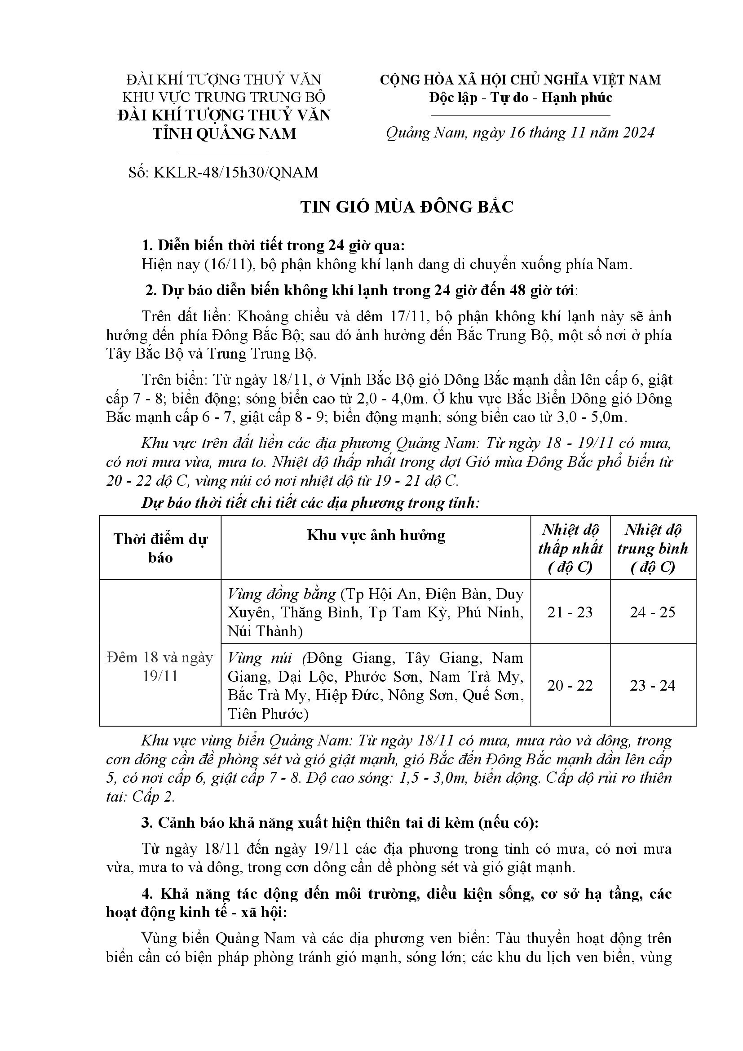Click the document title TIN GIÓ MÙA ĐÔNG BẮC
(407, 207)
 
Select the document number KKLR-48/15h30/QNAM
(236, 172)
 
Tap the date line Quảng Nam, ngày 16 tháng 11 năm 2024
(520, 133)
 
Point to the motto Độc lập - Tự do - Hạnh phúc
(520, 98)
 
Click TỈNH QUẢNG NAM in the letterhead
(224, 133)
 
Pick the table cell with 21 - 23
(570, 612)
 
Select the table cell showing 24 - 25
(652, 612)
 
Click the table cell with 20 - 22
(570, 685)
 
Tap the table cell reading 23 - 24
(652, 685)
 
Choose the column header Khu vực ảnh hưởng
(376, 535)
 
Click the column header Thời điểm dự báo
(160, 548)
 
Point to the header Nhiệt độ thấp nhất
(570, 548)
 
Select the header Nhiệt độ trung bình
(652, 548)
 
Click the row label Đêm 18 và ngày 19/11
(160, 666)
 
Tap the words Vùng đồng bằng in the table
(282, 594)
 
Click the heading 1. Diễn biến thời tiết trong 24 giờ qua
(273, 246)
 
